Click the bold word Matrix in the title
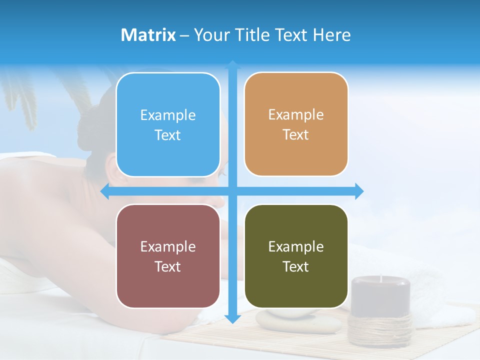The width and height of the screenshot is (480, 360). [x=148, y=35]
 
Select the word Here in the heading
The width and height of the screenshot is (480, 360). [x=332, y=35]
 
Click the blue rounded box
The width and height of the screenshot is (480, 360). [x=168, y=124]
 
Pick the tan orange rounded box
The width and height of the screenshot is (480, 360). [x=296, y=124]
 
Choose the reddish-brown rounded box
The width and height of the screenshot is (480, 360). [x=168, y=256]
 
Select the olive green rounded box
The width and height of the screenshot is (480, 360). [x=296, y=256]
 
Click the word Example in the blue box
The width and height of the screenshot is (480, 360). [x=168, y=115]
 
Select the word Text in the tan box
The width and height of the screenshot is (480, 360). [x=296, y=134]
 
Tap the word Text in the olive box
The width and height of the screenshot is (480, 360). [x=296, y=266]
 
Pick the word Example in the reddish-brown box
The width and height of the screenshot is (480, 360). [x=168, y=246]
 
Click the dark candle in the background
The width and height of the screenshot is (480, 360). [x=380, y=295]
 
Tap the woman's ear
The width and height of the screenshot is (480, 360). [x=114, y=175]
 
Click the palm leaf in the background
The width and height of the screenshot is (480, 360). [x=20, y=95]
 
